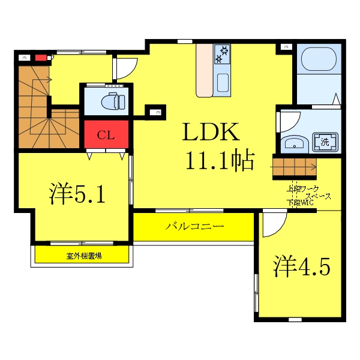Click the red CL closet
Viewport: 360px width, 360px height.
(x=106, y=134)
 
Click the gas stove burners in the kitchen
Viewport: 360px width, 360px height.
(x=223, y=53)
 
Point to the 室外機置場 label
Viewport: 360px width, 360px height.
(x=83, y=256)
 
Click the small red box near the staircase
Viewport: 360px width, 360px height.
(x=41, y=58)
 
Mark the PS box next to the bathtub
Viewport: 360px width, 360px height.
(x=286, y=46)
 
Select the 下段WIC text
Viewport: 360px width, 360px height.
(x=301, y=203)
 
